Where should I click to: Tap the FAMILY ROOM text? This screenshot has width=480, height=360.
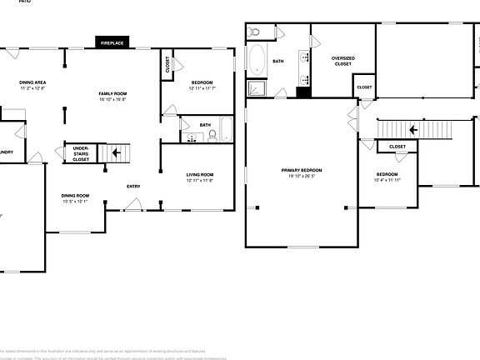point(112,92)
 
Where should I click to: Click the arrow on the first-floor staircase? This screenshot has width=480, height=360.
point(117,152)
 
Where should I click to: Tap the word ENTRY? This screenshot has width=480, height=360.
point(133,186)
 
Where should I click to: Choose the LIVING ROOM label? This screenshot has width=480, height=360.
point(200,174)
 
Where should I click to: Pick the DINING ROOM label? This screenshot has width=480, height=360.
point(76,196)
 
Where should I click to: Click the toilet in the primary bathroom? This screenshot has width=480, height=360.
point(256,32)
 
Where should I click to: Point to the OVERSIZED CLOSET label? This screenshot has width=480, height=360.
point(343,61)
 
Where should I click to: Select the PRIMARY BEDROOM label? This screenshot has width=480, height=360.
point(301,170)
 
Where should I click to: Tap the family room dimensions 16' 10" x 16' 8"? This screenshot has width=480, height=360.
point(112,98)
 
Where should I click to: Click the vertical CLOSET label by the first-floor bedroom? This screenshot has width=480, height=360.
point(167,66)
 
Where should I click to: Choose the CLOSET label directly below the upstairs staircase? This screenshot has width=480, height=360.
point(397,147)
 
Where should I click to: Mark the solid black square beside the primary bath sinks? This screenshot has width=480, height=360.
point(302,91)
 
